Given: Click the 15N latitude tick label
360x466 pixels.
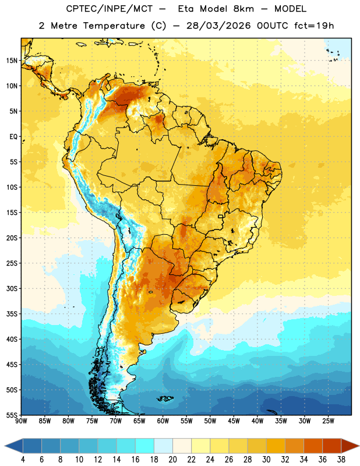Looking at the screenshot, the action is pos(12,61).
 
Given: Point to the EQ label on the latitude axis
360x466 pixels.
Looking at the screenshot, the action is pos(13,137).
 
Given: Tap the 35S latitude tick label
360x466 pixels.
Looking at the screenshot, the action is pos(12,314).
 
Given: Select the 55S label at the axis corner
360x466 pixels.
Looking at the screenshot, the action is pos(12,415).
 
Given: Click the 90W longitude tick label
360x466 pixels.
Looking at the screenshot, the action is pos(21,421).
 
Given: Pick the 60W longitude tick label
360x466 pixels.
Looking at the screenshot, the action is pos(163,421).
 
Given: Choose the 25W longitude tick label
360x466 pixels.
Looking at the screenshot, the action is pos(328,421).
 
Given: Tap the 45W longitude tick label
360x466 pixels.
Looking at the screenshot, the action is pos(234,421).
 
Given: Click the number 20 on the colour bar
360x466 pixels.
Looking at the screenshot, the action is pos(172,460).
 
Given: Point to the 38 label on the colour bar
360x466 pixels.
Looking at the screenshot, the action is pos(341,460).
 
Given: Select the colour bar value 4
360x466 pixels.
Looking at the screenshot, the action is pos(23,460).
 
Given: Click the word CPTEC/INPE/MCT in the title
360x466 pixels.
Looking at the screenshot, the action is pos(109,9).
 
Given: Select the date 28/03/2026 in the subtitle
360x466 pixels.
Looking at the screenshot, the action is pos(218,26).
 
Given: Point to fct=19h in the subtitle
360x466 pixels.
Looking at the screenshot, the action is pos(314,26).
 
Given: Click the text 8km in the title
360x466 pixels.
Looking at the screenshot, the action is pos(243,9).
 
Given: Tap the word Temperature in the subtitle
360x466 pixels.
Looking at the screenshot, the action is pos(114,26).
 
